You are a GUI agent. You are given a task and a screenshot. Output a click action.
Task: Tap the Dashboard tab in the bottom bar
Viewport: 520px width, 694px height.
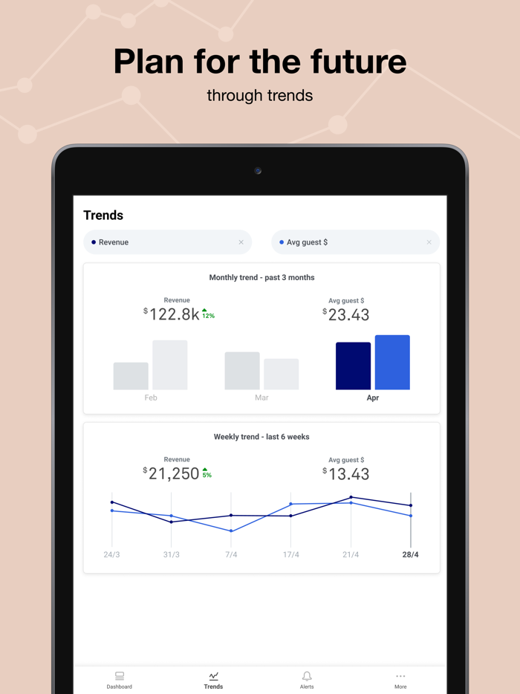119,680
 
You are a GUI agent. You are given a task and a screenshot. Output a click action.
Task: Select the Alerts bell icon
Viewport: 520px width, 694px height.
307,677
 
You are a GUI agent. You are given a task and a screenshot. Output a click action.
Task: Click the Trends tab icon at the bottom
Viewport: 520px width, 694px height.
213,677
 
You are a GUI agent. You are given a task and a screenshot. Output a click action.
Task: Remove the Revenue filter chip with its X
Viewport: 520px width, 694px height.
241,242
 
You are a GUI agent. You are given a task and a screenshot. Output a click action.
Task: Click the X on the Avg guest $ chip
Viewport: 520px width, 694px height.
429,242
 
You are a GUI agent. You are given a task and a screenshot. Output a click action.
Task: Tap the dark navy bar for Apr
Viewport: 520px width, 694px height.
353,366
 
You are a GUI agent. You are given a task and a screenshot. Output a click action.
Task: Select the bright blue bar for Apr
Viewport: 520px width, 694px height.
392,363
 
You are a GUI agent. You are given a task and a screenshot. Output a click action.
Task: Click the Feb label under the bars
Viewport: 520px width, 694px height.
151,398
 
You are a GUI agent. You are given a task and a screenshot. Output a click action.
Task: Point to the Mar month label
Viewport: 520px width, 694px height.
261,398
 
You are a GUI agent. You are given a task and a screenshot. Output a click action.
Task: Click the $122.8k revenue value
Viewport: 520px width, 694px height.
173,314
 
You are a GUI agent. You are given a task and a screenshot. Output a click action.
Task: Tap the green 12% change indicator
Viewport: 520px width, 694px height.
208,314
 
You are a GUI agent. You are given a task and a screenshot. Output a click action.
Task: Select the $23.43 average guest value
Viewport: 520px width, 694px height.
347,315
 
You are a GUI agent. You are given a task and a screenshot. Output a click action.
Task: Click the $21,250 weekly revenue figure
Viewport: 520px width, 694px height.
172,473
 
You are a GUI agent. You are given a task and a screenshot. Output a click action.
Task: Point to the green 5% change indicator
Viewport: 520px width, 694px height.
207,473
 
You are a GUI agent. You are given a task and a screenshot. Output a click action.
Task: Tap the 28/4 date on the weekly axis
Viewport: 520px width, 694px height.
410,555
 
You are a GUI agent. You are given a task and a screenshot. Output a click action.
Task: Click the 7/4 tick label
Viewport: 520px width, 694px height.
231,555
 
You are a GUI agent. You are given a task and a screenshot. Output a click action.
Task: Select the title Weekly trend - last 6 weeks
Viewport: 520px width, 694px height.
261,437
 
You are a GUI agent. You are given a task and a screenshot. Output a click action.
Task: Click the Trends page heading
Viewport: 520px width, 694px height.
103,215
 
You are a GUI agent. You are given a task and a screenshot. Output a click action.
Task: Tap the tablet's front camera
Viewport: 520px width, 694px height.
258,171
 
